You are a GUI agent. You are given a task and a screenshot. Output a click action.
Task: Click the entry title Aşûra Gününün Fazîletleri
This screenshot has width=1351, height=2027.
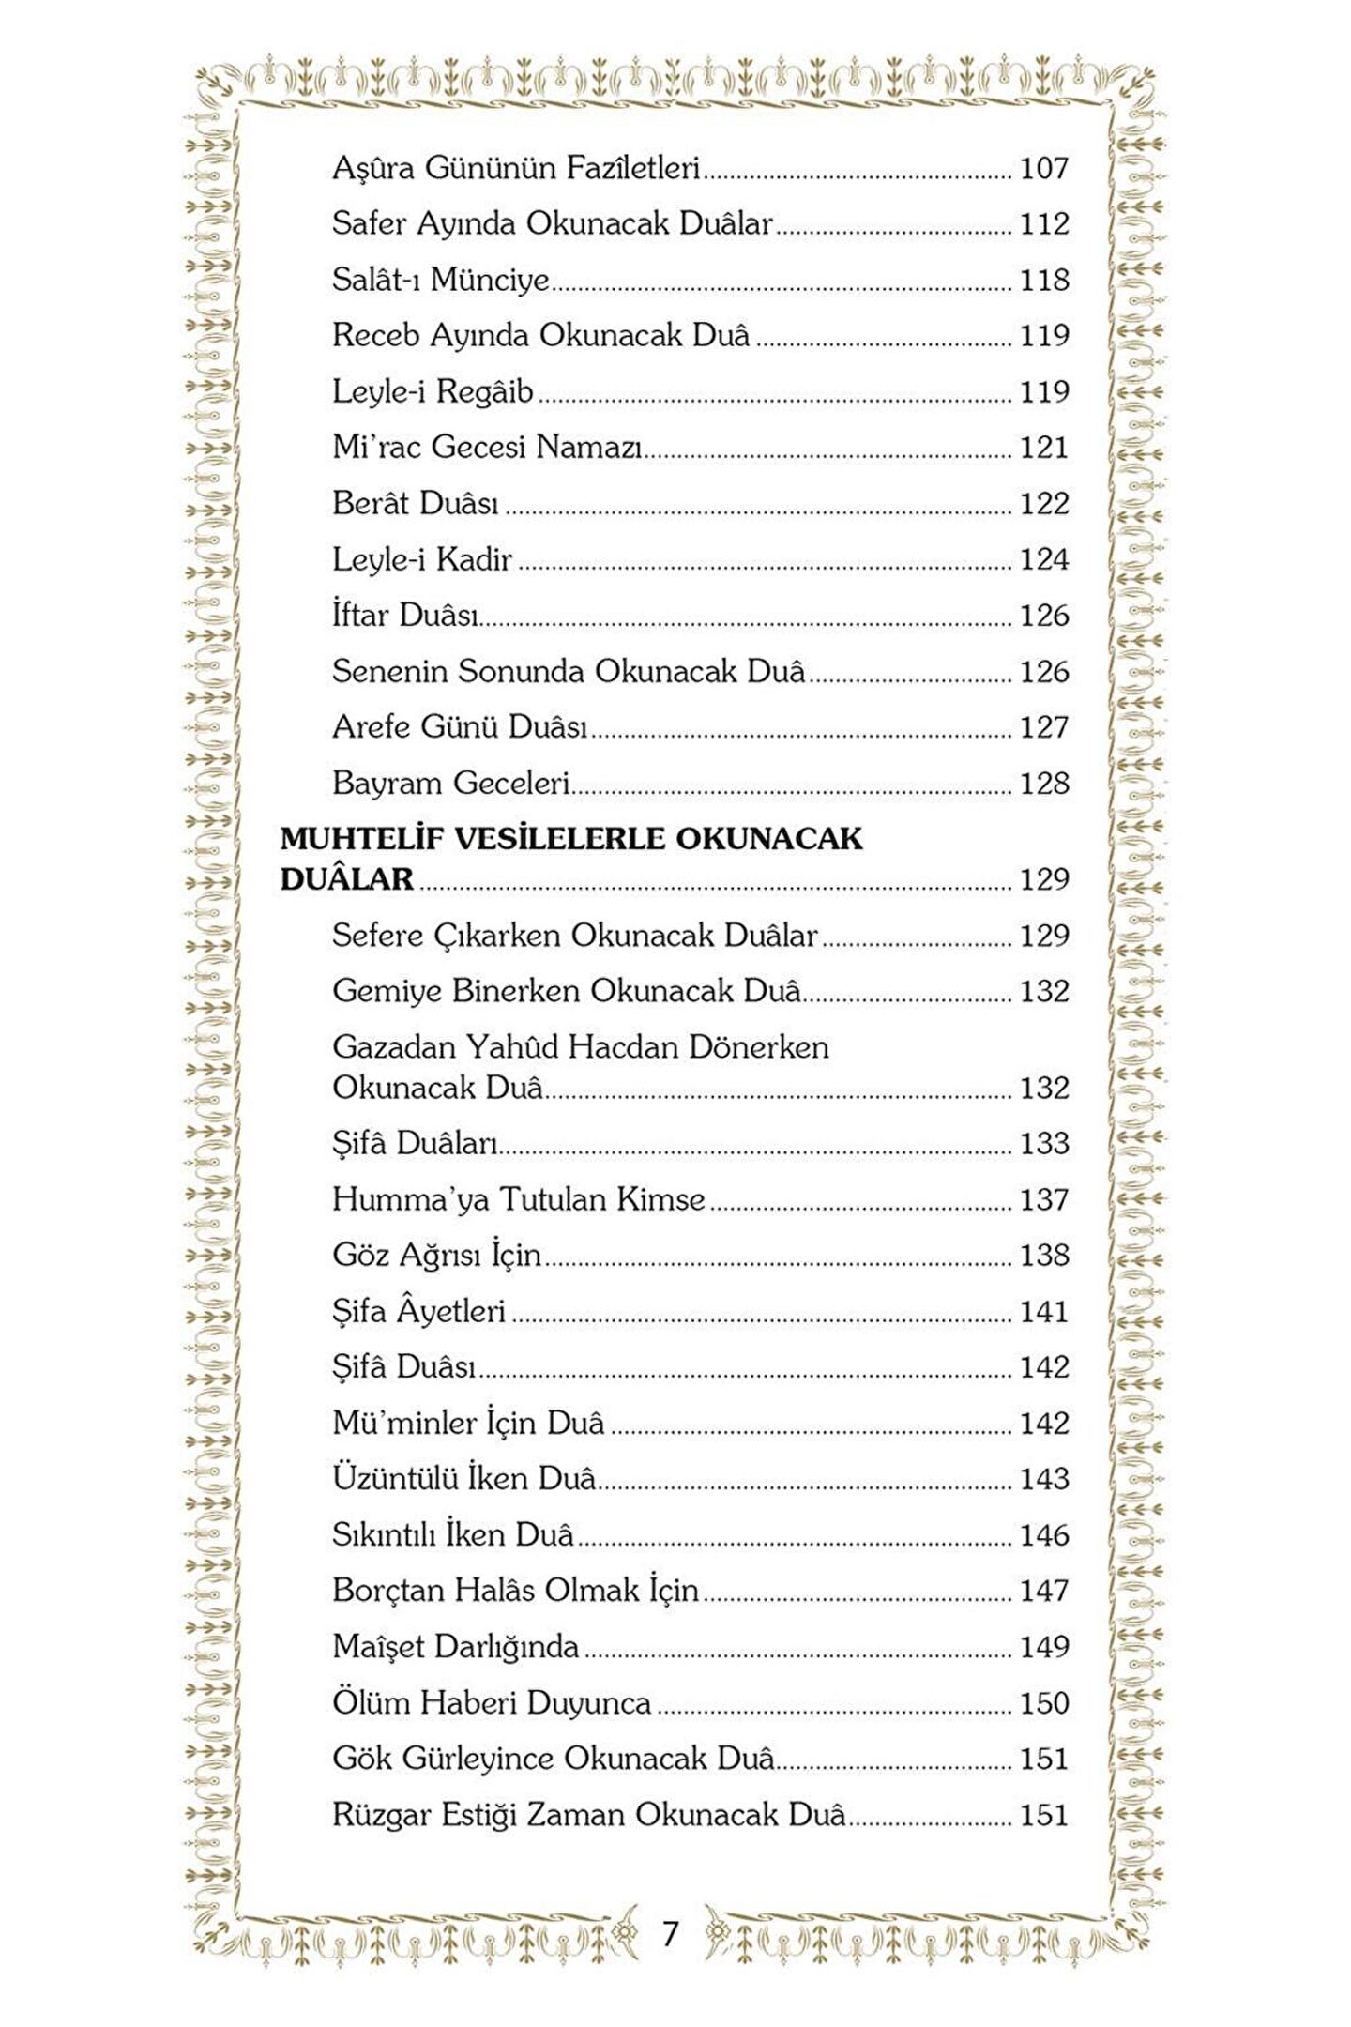(516, 169)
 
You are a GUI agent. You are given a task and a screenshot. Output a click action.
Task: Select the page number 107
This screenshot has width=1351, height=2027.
(1044, 169)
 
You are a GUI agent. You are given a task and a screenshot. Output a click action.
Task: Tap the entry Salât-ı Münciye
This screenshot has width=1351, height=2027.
(440, 281)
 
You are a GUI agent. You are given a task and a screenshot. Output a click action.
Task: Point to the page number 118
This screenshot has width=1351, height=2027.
(1044, 281)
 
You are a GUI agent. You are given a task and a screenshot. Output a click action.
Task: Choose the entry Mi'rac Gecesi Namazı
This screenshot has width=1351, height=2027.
(487, 448)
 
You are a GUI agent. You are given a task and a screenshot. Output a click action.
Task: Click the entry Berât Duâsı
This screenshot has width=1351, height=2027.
(416, 504)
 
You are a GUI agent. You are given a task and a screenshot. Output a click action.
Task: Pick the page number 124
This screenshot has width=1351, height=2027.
(1044, 560)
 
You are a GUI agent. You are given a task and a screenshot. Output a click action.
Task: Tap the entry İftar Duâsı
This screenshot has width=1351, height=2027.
(405, 616)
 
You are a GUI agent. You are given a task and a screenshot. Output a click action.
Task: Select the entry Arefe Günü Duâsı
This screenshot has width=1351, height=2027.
(460, 727)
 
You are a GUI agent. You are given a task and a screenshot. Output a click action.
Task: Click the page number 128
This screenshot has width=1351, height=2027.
(1044, 784)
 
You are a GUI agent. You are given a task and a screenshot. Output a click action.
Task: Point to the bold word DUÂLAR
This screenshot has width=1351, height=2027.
(347, 879)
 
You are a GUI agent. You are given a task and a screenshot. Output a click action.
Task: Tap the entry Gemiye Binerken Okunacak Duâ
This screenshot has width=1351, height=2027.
(567, 992)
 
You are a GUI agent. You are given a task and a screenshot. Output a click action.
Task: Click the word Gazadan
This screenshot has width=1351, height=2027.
(394, 1047)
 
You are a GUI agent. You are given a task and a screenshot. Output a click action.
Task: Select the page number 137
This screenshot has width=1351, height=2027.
(1044, 1200)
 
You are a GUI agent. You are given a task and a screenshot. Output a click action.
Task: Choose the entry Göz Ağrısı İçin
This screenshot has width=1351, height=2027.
(436, 1256)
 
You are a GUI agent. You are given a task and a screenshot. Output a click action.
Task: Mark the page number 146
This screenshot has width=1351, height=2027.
(1044, 1535)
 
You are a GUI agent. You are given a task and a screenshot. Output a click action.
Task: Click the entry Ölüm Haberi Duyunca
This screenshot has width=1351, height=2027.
(492, 1703)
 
